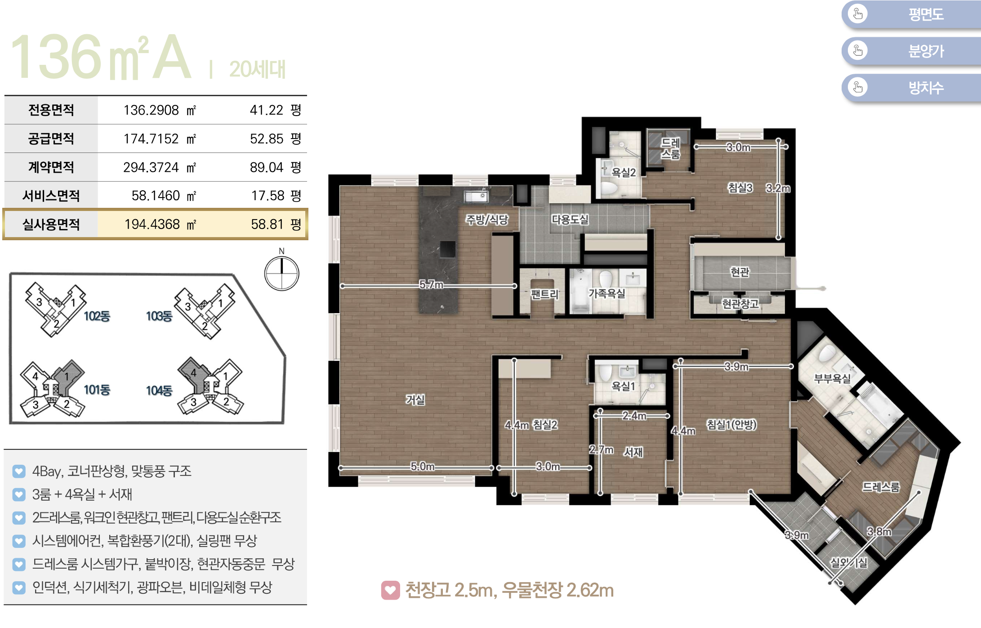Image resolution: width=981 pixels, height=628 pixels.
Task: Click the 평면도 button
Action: point(911,14)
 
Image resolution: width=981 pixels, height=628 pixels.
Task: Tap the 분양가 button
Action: point(911,51)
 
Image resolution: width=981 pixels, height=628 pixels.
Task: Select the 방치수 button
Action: point(911,87)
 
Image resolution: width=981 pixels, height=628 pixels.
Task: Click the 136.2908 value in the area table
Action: point(151,110)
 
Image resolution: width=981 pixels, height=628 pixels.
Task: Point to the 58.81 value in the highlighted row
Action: point(267,224)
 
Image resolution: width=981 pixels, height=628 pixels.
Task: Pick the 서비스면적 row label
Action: point(51,196)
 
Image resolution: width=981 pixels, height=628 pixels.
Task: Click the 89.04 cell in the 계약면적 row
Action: point(267,167)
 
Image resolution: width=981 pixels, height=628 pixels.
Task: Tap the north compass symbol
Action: point(281,273)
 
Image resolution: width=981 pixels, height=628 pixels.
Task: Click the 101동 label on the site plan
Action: point(97,390)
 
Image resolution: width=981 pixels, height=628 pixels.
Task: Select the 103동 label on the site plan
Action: point(159,316)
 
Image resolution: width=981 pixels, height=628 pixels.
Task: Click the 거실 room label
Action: point(415,399)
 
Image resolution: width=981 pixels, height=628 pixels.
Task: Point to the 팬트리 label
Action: point(544,294)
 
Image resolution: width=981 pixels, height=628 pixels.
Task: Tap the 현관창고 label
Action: point(740,304)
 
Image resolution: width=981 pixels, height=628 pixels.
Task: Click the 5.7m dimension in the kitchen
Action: point(431,284)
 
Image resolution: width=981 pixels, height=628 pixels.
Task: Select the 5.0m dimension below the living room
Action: point(422,467)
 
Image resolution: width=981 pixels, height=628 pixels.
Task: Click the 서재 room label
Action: point(633,452)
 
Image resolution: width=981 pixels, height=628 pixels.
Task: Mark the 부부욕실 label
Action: point(832,379)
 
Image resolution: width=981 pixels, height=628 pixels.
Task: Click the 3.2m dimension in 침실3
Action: point(778,188)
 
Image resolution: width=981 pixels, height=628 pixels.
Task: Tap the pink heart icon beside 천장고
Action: point(390,590)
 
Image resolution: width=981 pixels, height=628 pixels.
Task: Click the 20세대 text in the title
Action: point(257,69)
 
